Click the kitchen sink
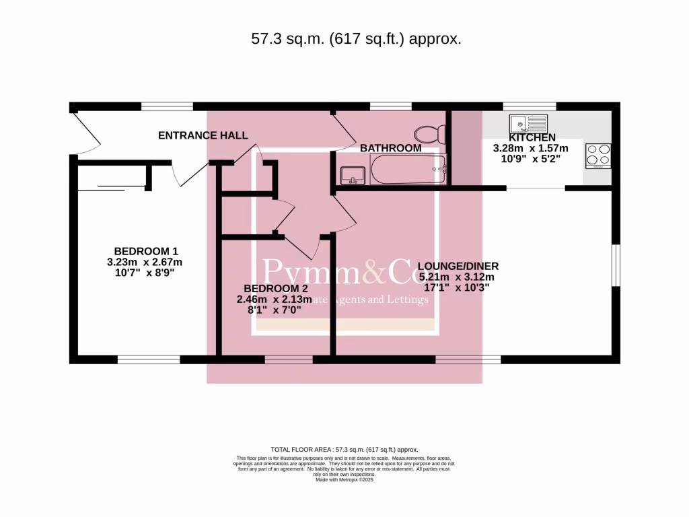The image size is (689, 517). [x=528, y=124]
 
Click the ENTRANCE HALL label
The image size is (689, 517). [x=203, y=135]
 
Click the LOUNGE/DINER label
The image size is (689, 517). [x=458, y=266]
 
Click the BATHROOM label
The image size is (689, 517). [x=390, y=147]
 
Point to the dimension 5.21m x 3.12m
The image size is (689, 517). [x=458, y=277]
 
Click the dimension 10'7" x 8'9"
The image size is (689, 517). [x=145, y=273]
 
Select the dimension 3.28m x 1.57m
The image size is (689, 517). [x=531, y=148]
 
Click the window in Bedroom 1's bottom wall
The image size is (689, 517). [x=149, y=359]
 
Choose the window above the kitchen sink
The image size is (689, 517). [x=530, y=106]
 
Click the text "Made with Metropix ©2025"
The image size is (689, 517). [x=344, y=480]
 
